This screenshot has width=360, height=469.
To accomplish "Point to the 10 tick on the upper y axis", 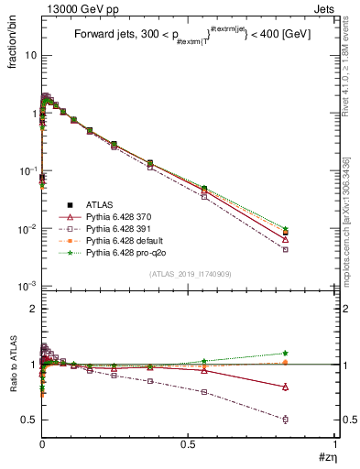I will (28, 56).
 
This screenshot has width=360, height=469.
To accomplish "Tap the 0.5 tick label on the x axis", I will (188, 444).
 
